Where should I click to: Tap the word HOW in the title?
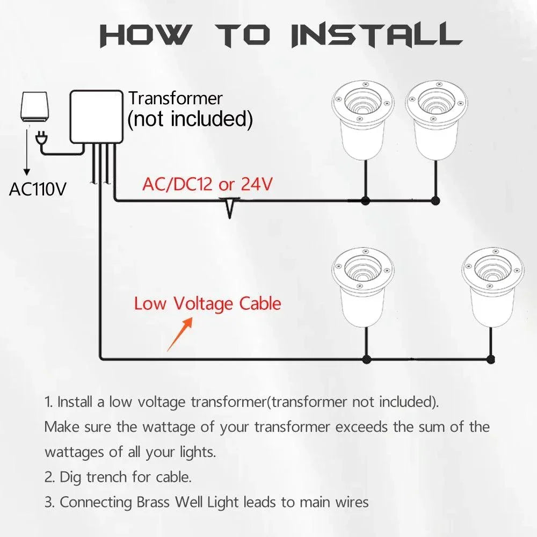[144, 35]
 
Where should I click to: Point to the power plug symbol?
[40, 140]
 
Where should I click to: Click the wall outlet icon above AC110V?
[34, 106]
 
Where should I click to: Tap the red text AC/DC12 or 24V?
[207, 184]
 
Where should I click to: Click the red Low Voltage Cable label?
[207, 303]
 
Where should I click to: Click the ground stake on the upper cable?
[230, 207]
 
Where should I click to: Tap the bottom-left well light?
[363, 286]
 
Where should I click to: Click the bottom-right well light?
[493, 286]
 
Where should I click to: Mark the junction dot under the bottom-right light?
[490, 359]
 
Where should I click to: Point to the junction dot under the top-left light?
[366, 201]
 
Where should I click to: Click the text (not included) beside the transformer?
[190, 119]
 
